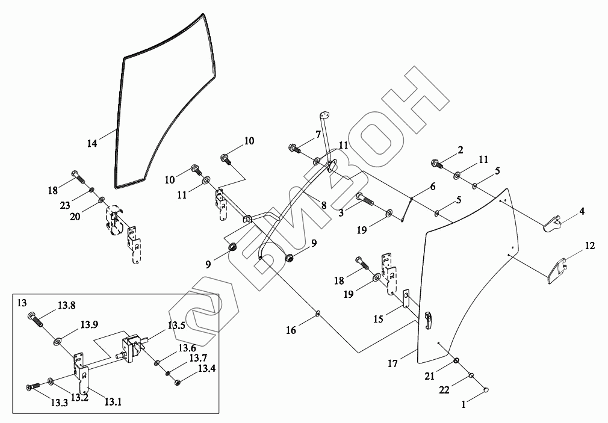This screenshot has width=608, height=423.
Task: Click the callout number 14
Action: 92,143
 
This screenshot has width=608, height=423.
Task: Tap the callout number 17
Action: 392,363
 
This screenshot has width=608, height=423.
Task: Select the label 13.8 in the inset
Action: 66,306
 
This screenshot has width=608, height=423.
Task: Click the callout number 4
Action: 582,212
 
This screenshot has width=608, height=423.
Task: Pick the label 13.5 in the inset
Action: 176,326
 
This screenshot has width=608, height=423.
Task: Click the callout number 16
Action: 291,330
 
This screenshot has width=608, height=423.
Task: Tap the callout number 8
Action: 323,205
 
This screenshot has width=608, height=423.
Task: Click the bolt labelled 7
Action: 294,147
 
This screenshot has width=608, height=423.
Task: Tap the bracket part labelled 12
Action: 557,270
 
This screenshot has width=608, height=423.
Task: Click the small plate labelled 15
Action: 407,299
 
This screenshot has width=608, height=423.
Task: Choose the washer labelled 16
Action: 318,313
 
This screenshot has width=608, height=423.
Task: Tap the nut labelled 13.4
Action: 178,382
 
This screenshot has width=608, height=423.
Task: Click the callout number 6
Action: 432,187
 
